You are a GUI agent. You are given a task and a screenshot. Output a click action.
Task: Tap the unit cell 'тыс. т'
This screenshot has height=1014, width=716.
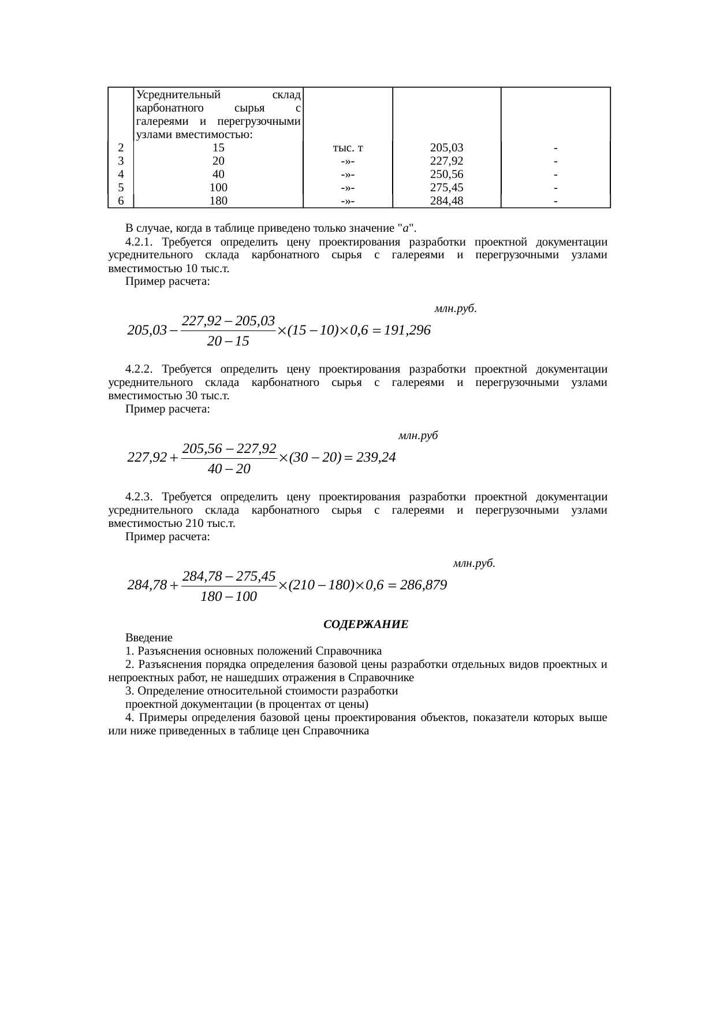click(x=348, y=148)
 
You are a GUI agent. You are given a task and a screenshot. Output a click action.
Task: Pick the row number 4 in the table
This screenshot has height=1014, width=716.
click(x=121, y=174)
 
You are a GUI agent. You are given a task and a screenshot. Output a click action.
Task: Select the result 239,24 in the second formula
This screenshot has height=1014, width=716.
click(x=376, y=458)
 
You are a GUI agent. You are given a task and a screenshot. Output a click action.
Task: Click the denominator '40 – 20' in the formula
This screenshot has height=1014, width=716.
click(x=229, y=469)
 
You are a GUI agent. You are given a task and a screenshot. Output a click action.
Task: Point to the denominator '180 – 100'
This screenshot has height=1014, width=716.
click(x=229, y=597)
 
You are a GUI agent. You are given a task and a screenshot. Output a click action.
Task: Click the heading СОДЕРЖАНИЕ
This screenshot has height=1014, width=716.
click(x=366, y=625)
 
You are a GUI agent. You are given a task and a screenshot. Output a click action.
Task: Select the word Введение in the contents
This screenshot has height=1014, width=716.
click(x=149, y=638)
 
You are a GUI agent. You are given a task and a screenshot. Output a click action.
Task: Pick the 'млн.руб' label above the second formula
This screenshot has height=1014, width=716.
click(x=417, y=436)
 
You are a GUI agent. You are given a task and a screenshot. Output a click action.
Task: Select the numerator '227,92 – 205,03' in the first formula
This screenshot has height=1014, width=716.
click(x=228, y=320)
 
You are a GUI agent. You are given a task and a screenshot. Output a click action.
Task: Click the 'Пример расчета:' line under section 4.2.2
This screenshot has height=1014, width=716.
click(x=167, y=409)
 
